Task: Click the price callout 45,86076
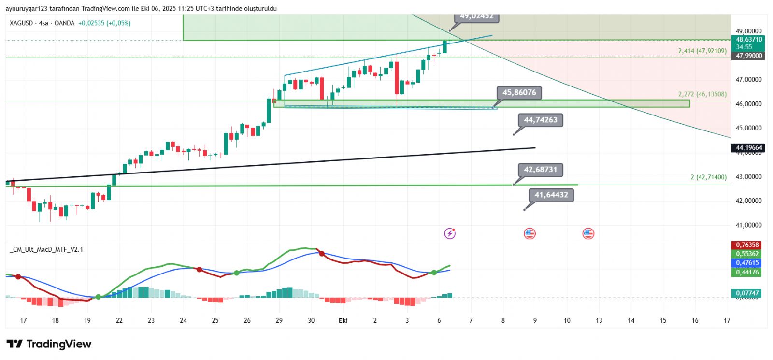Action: click(x=519, y=93)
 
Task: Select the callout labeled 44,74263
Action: click(x=540, y=120)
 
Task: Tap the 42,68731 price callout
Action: click(x=540, y=170)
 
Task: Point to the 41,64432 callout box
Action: click(x=551, y=195)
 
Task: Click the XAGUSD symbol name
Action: click(x=21, y=23)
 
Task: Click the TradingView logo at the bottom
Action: click(x=49, y=344)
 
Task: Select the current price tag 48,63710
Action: click(x=748, y=40)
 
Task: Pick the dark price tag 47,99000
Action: click(x=748, y=56)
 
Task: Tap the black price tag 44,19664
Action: click(x=748, y=148)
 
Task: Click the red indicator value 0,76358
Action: click(x=747, y=245)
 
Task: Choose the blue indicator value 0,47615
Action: click(x=747, y=263)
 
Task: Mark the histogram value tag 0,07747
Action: click(x=747, y=293)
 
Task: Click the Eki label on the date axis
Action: click(x=343, y=320)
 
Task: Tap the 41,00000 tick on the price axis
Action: click(x=748, y=225)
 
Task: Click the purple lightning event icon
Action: click(x=450, y=234)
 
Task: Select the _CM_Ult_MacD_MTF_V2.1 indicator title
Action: click(x=46, y=250)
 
